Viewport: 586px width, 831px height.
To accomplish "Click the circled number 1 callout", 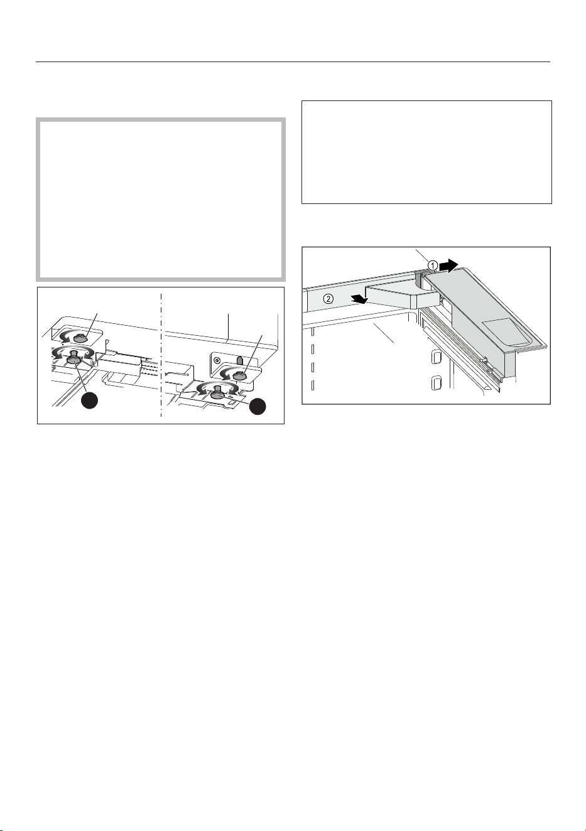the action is point(432,265).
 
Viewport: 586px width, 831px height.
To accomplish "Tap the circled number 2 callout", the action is point(328,299).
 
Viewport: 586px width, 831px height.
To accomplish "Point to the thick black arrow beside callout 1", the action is point(448,266).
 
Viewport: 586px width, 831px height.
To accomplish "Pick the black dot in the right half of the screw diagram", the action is point(258,406).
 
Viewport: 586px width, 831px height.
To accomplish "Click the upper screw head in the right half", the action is point(239,376).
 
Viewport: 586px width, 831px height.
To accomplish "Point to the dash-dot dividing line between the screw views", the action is point(161,355).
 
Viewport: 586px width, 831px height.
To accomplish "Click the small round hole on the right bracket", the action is point(217,359).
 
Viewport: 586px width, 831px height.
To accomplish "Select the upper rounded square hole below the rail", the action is point(436,358).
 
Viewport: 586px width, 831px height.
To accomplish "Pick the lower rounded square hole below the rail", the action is point(436,383).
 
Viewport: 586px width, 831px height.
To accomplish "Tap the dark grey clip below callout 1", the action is point(418,277).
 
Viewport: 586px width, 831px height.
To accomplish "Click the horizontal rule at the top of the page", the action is point(293,62).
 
